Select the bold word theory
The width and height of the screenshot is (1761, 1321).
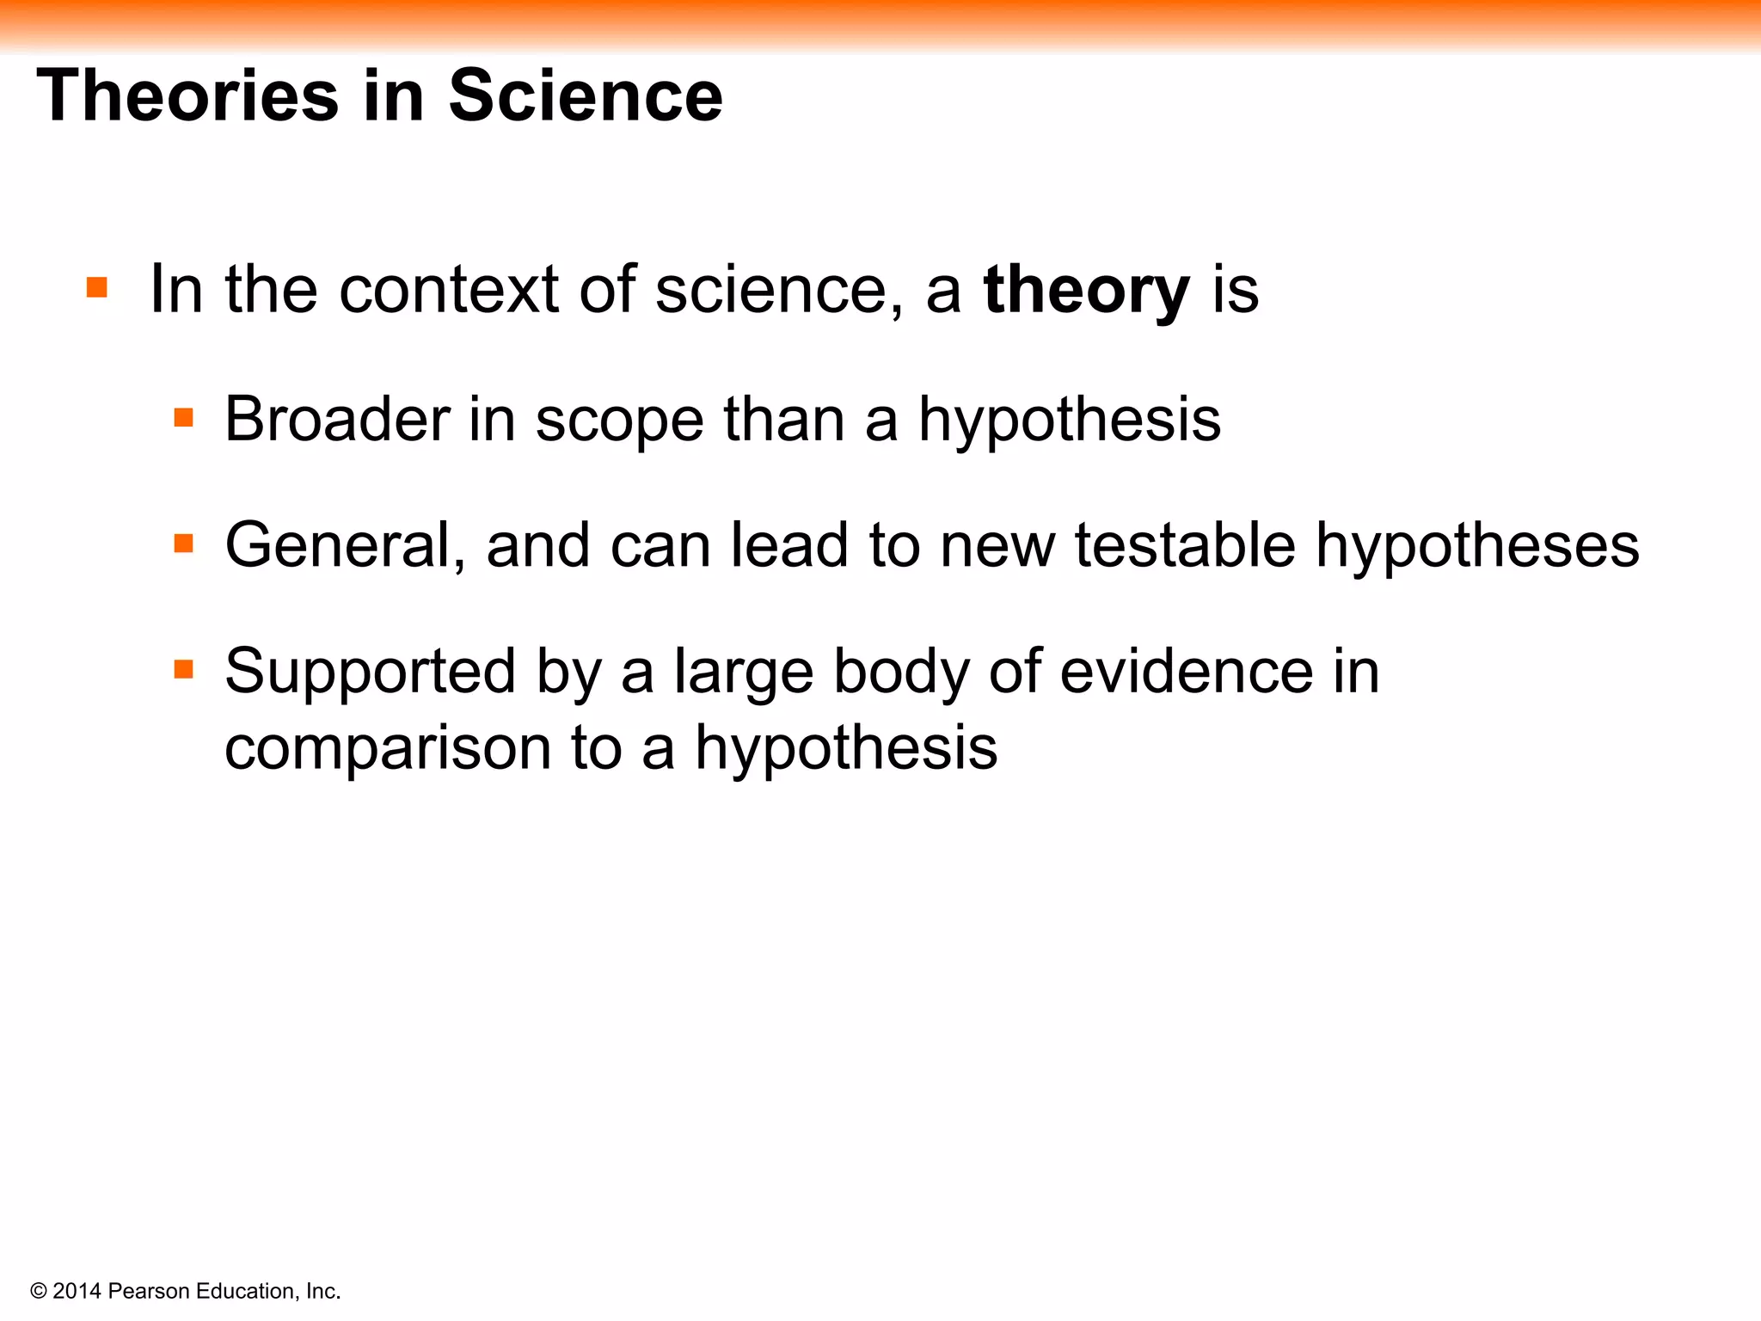click(1086, 291)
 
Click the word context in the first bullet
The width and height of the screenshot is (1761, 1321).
click(449, 291)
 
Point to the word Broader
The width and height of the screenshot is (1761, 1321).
click(337, 420)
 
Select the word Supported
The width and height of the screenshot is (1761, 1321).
click(370, 673)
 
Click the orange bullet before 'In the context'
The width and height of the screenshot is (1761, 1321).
click(97, 287)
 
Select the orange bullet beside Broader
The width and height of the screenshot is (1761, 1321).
click(184, 418)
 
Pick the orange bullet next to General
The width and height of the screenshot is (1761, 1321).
click(184, 544)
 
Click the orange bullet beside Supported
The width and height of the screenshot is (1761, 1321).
click(184, 669)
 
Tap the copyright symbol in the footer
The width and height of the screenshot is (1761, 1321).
click(39, 1292)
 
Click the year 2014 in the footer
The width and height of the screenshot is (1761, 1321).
click(77, 1292)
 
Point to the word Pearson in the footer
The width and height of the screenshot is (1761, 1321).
click(150, 1292)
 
